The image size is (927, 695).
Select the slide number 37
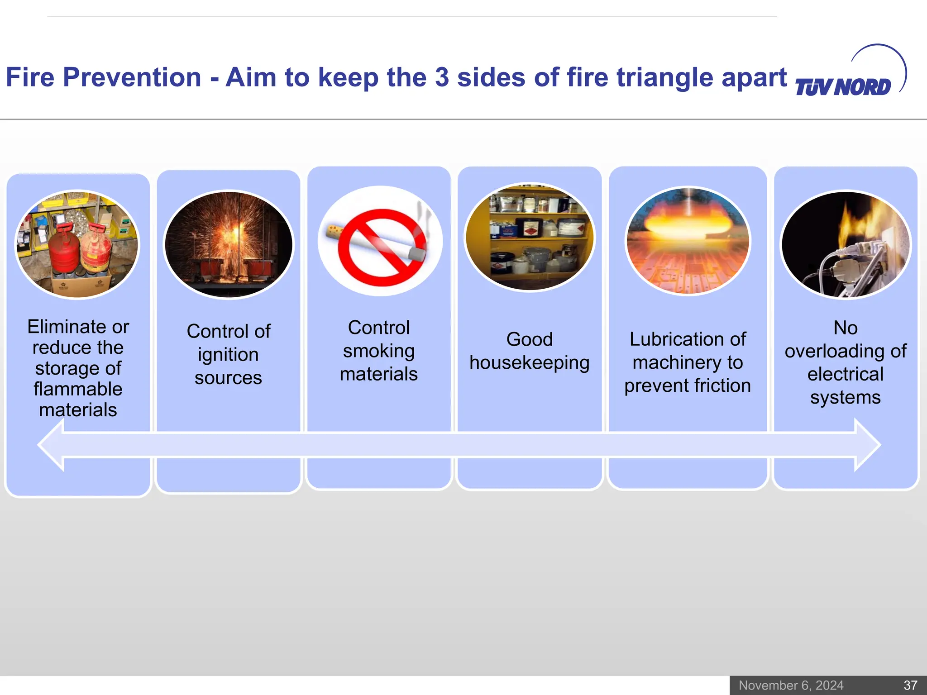pyautogui.click(x=910, y=685)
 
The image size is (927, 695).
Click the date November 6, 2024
pyautogui.click(x=791, y=685)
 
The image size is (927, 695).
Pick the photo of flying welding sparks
pyautogui.click(x=229, y=244)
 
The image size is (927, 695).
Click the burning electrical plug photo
pyautogui.click(x=846, y=244)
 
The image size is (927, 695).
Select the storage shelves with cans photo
pyautogui.click(x=530, y=238)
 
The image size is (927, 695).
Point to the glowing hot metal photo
pyautogui.click(x=688, y=241)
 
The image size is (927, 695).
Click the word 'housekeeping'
pyautogui.click(x=530, y=363)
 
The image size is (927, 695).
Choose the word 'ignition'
pyautogui.click(x=228, y=355)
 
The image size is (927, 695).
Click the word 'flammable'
pyautogui.click(x=78, y=389)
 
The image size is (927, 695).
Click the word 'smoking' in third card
pyautogui.click(x=379, y=352)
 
